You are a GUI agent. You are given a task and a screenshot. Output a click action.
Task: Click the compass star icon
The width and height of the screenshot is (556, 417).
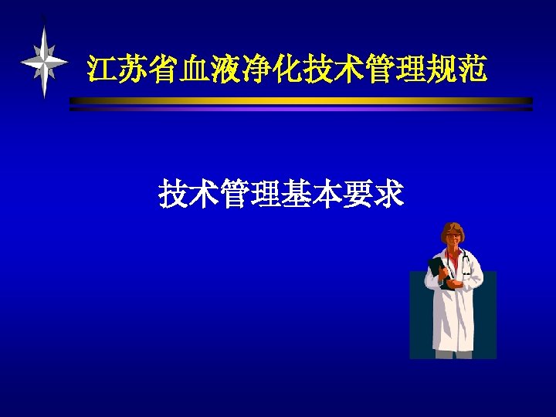click(x=44, y=62)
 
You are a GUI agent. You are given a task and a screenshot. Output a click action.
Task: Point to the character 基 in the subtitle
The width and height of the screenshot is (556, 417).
click(x=297, y=194)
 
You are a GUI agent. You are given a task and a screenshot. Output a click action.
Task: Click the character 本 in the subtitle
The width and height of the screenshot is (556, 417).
click(x=327, y=194)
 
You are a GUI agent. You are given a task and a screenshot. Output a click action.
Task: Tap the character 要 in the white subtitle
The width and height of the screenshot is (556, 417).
click(x=358, y=194)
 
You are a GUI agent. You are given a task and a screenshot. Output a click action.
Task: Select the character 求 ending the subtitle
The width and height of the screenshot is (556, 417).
click(x=388, y=194)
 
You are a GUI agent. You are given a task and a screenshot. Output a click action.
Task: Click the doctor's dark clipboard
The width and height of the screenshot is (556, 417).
click(x=438, y=271)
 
